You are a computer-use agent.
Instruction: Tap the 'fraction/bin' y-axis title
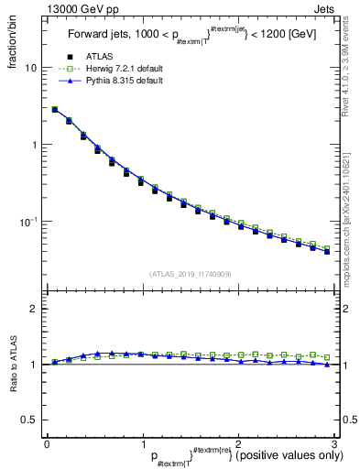(11, 42)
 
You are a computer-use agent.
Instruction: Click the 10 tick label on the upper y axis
(30, 68)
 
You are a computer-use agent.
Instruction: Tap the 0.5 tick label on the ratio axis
(28, 420)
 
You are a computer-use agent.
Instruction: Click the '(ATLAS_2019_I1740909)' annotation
(190, 274)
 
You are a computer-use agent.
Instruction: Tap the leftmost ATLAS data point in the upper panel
(55, 110)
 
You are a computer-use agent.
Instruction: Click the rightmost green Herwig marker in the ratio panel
(327, 356)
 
